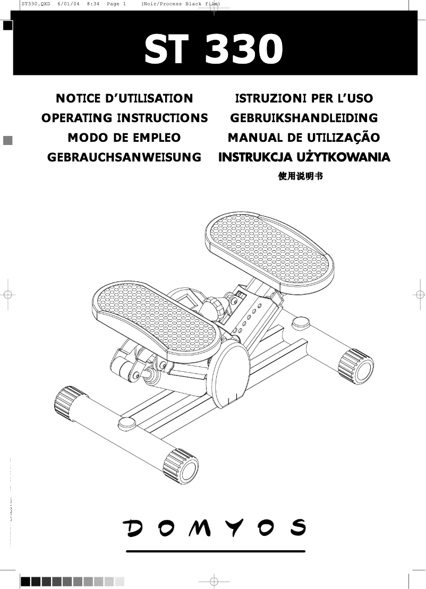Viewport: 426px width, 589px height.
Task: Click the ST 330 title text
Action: [x=214, y=49]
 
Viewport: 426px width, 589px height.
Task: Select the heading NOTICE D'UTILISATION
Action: [x=124, y=98]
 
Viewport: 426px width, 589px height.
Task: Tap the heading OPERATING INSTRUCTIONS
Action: [x=124, y=118]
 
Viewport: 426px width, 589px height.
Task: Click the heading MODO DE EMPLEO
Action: [x=124, y=138]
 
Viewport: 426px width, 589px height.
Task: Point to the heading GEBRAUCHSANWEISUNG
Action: [x=124, y=157]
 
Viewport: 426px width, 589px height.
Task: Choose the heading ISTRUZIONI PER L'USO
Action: [x=304, y=98]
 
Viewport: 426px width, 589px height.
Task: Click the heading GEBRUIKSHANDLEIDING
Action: [x=304, y=118]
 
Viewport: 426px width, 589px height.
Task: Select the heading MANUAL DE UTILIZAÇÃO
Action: [x=304, y=138]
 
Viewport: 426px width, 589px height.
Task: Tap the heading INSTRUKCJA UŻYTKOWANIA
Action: [x=304, y=157]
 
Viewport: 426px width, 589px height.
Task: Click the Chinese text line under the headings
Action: [x=301, y=176]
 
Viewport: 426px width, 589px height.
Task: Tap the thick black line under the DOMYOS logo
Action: [x=215, y=551]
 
